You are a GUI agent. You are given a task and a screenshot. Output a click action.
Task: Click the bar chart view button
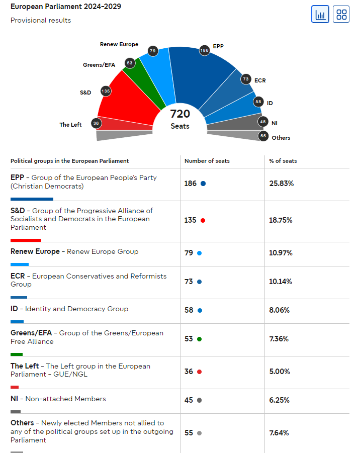(x=320, y=14)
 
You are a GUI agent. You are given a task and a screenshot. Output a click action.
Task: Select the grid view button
(x=341, y=14)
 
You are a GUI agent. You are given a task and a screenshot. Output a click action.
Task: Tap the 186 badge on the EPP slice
(x=204, y=50)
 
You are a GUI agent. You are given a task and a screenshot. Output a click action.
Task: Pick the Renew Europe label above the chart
(x=119, y=44)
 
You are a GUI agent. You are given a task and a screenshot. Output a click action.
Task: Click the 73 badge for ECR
(x=246, y=79)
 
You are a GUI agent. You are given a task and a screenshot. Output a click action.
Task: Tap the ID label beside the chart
(x=270, y=103)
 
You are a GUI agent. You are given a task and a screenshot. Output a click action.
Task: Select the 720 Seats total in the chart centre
(x=180, y=119)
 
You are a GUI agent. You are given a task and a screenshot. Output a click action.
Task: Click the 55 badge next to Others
(x=263, y=136)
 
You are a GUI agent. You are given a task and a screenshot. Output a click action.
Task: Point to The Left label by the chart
(x=70, y=125)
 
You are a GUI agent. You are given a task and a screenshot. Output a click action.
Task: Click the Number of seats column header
(x=207, y=161)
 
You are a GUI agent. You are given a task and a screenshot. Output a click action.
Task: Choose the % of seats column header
(x=283, y=161)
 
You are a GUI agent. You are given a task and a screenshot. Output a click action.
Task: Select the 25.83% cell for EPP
(x=282, y=184)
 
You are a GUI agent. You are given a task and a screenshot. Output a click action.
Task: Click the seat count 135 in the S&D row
(x=191, y=220)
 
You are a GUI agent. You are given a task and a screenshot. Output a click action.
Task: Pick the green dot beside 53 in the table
(x=200, y=339)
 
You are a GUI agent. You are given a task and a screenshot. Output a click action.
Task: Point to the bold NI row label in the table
(x=15, y=399)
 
